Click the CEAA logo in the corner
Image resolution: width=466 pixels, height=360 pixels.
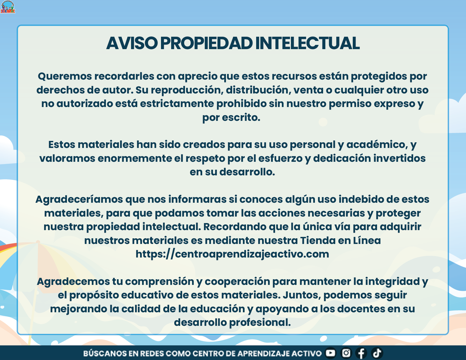(8, 7)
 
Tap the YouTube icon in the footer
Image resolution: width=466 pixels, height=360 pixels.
(330, 353)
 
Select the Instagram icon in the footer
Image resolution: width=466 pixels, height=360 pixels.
(346, 353)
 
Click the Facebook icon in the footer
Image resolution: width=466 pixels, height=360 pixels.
(361, 353)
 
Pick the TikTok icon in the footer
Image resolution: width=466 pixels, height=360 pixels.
(377, 353)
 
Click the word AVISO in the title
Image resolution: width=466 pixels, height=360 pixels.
(132, 43)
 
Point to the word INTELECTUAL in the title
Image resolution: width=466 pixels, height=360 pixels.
(307, 43)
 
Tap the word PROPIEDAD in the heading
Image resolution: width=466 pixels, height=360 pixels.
(206, 43)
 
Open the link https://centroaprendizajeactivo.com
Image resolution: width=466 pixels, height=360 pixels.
(232, 254)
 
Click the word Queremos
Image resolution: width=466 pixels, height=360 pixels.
(65, 76)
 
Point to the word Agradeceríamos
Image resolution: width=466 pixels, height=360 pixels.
(79, 199)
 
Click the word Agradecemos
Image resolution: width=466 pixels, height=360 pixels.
(73, 282)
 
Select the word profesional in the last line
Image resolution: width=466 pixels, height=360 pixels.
(260, 322)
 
